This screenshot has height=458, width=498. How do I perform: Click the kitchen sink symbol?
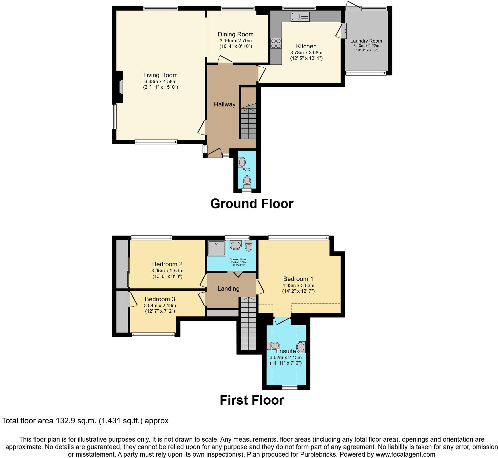coord(300,17)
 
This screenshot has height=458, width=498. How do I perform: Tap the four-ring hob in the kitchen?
coord(276,43)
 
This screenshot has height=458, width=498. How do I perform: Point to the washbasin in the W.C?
coord(242,162)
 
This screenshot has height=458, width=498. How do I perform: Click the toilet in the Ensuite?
coord(273,346)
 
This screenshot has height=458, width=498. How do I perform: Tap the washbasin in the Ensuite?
coord(301,347)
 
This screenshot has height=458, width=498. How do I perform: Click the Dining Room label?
coord(235,34)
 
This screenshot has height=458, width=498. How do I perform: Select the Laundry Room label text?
coord(366,41)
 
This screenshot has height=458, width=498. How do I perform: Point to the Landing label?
coord(228,289)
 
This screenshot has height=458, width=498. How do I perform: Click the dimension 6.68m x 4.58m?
coord(160,82)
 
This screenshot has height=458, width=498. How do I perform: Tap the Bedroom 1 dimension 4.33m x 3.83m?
coord(298,285)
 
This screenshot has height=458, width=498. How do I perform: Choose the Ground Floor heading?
coord(252,204)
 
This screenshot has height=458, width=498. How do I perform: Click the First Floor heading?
coord(252,400)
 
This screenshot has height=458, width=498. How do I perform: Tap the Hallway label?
coord(225,104)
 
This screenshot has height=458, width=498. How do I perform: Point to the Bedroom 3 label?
coord(160,299)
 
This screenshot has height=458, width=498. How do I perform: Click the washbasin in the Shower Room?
coord(236,245)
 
